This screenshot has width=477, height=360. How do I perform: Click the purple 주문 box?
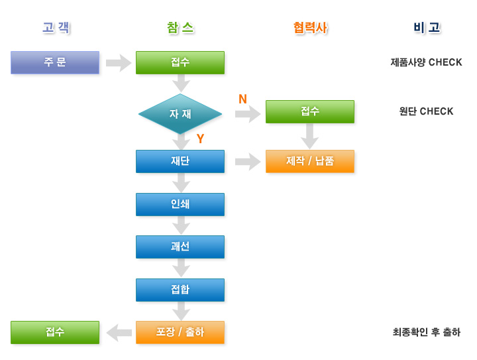pos(55,62)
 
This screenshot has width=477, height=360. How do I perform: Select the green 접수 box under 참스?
pos(180,62)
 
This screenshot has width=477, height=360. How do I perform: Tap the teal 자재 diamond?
pos(180,114)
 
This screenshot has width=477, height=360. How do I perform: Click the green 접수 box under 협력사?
pos(310,111)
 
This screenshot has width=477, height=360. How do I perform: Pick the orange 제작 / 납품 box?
pos(310,161)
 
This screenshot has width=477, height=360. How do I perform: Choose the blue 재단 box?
pos(180,161)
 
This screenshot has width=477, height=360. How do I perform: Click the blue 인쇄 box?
pos(180,204)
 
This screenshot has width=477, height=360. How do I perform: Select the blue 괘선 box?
pos(180,247)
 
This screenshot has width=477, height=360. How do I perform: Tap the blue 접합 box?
pos(180,290)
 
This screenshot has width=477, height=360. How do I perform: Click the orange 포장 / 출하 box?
pos(180,332)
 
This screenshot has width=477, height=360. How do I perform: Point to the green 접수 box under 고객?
pos(55,332)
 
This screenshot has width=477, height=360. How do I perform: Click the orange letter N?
pos(242,99)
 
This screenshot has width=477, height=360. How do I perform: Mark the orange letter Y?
pos(200,139)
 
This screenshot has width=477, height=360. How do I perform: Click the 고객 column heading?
pos(56,28)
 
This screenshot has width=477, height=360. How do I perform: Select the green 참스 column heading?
pos(180,28)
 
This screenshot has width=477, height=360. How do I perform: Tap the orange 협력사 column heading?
pos(310,28)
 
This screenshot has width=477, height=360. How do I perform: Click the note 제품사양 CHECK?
pos(426,62)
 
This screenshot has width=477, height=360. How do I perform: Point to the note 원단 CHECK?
pos(426,111)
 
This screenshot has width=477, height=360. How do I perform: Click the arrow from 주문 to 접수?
pos(119,63)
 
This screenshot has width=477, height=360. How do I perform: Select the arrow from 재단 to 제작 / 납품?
pos(248,162)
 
